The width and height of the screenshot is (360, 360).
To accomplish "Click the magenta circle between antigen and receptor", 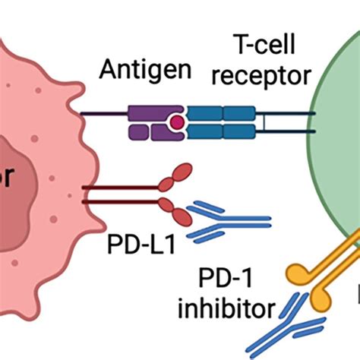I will pos(176,122).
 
